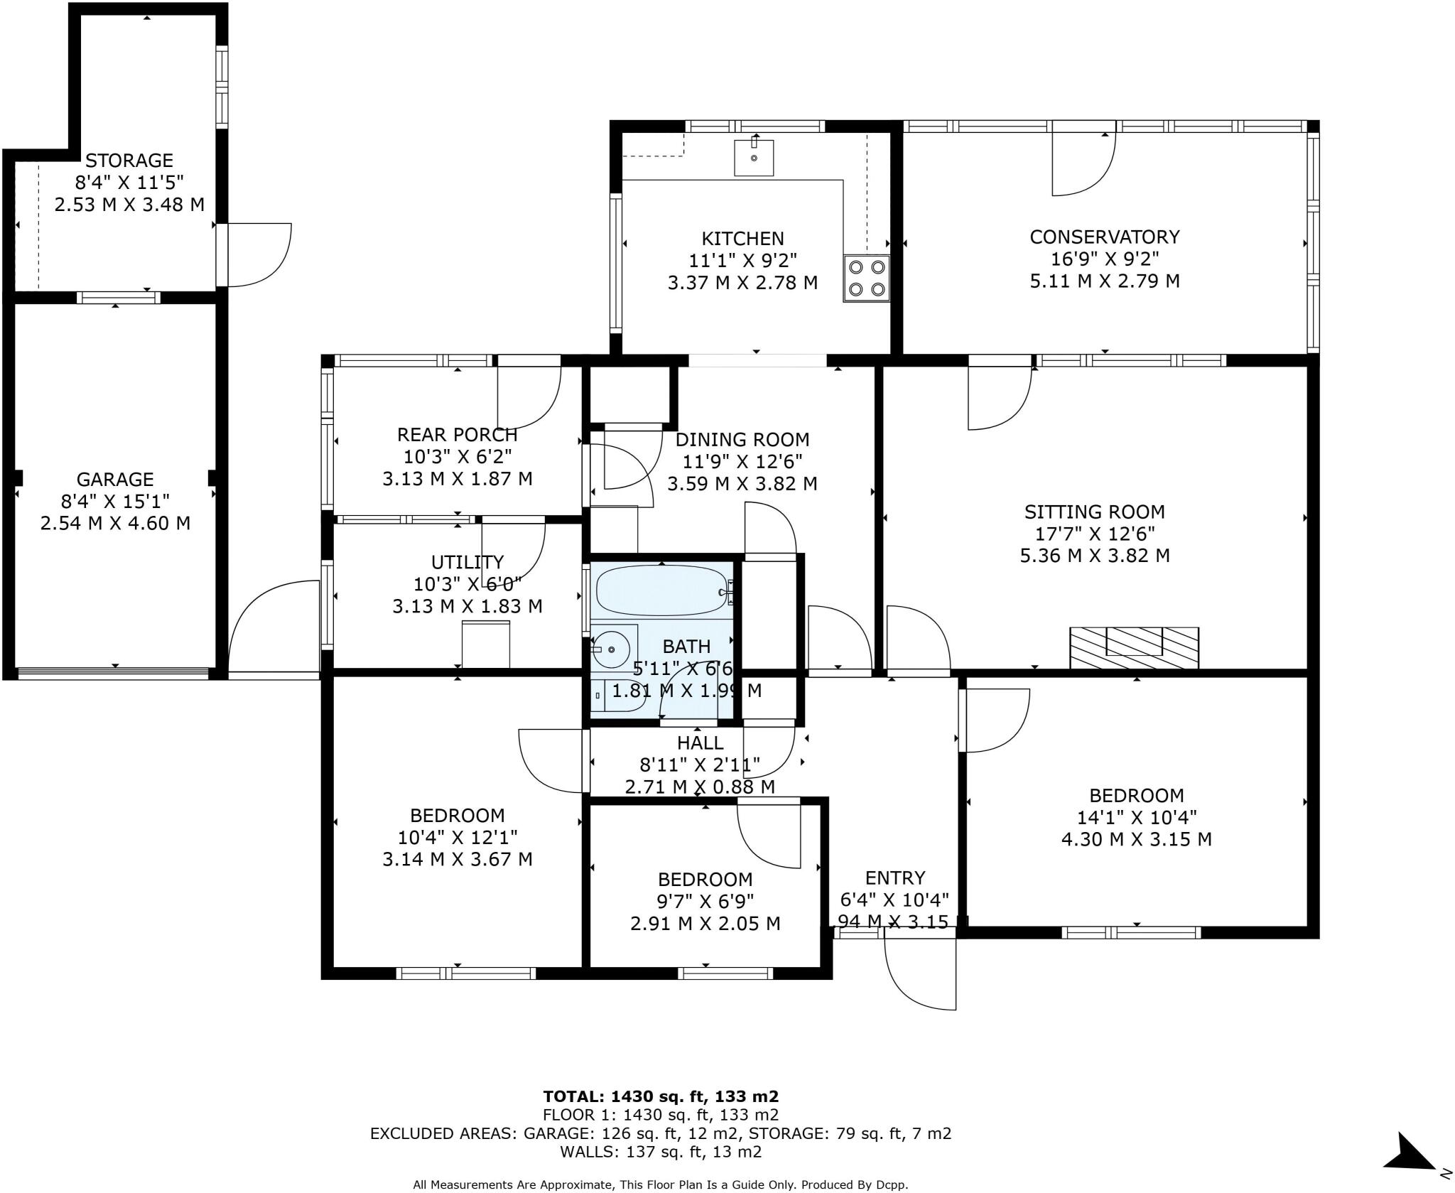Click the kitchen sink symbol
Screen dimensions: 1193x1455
pos(754,157)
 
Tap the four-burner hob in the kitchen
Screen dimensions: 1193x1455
pos(867,278)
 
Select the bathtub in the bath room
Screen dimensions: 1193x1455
pos(661,590)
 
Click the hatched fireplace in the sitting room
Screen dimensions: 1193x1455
pos(1134,647)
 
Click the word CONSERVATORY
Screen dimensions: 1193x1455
pos(1105,237)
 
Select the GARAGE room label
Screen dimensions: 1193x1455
pos(115,479)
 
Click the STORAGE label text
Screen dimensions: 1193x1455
pos(129,160)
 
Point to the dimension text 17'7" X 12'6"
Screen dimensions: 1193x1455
pos(1095,534)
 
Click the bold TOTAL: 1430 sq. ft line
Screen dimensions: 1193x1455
pos(661,1096)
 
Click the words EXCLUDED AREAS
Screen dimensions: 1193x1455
pos(443,1133)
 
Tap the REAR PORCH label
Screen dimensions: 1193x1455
pos(457,434)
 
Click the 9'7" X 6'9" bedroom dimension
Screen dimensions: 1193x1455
pos(705,901)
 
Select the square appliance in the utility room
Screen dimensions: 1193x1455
pos(486,644)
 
